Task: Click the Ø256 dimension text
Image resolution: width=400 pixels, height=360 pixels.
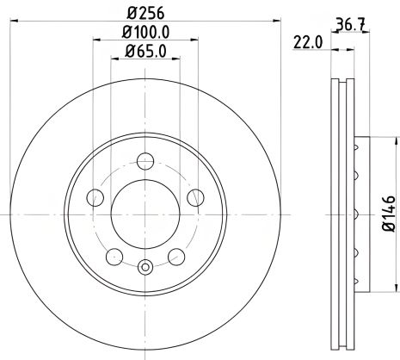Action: pyautogui.click(x=145, y=13)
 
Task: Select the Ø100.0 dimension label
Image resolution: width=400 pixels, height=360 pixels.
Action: pyautogui.click(x=145, y=34)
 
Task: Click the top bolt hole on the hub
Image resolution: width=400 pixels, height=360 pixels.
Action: pyautogui.click(x=145, y=158)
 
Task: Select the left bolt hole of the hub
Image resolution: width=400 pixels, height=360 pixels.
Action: pyautogui.click(x=94, y=198)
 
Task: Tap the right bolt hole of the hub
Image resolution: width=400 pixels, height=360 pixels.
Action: pyautogui.click(x=197, y=198)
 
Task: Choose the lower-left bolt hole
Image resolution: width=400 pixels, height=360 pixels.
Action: pyautogui.click(x=113, y=255)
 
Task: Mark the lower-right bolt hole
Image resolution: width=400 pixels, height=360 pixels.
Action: pyautogui.click(x=178, y=255)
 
